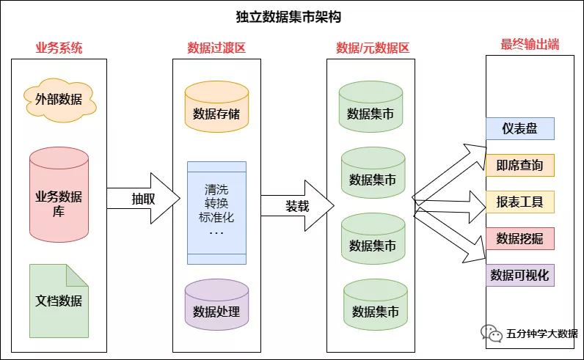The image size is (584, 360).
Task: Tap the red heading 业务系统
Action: [59, 48]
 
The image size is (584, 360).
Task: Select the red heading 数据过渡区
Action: [216, 48]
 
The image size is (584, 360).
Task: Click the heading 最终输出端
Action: [530, 45]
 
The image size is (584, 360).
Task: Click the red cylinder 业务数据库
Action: [59, 195]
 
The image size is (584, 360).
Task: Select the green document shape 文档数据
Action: [59, 301]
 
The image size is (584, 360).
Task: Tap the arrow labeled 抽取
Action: [144, 199]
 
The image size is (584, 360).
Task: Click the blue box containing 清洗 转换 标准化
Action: [216, 212]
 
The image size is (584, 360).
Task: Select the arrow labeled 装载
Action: [297, 206]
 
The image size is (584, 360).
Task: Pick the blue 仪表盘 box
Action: [519, 128]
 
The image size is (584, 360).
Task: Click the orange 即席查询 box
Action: [519, 165]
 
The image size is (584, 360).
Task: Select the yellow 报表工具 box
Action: [519, 201]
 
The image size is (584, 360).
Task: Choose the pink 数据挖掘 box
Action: [519, 238]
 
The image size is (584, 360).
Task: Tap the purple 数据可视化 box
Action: [519, 275]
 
